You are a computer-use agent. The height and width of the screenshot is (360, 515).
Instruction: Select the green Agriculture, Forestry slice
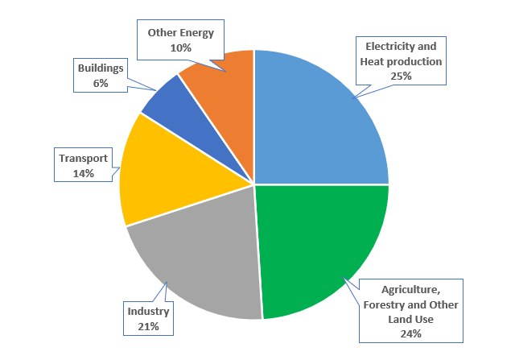(x=322, y=242)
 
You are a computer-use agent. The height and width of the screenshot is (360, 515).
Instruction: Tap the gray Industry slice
(x=201, y=258)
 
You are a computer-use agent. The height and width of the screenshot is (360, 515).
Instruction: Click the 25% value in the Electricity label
(x=401, y=76)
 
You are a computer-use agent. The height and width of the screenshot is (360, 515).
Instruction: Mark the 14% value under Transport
(x=83, y=172)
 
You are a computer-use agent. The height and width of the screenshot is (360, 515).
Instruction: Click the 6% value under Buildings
(x=101, y=83)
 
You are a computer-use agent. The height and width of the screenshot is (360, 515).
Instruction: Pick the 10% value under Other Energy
(x=180, y=48)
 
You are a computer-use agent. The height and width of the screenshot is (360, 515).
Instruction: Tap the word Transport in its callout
(x=83, y=158)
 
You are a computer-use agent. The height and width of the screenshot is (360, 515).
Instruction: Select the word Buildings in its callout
(x=101, y=68)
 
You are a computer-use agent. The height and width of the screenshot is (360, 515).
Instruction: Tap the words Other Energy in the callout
(x=180, y=33)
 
